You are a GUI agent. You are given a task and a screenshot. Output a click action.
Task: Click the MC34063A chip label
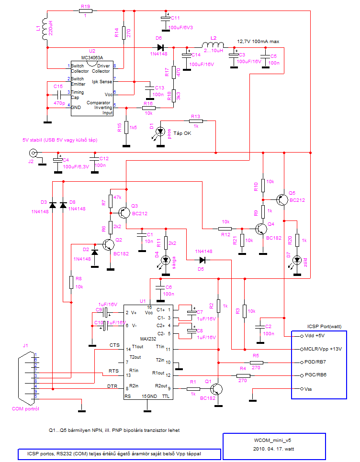click(86, 57)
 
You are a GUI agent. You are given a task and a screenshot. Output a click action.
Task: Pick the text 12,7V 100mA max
click(258, 42)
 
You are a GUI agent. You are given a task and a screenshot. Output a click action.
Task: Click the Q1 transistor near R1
click(217, 388)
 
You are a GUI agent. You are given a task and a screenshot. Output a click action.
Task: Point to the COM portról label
click(26, 409)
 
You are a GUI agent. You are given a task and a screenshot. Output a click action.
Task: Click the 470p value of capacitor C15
click(59, 103)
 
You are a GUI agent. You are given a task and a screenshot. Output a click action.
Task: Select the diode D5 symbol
click(202, 260)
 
